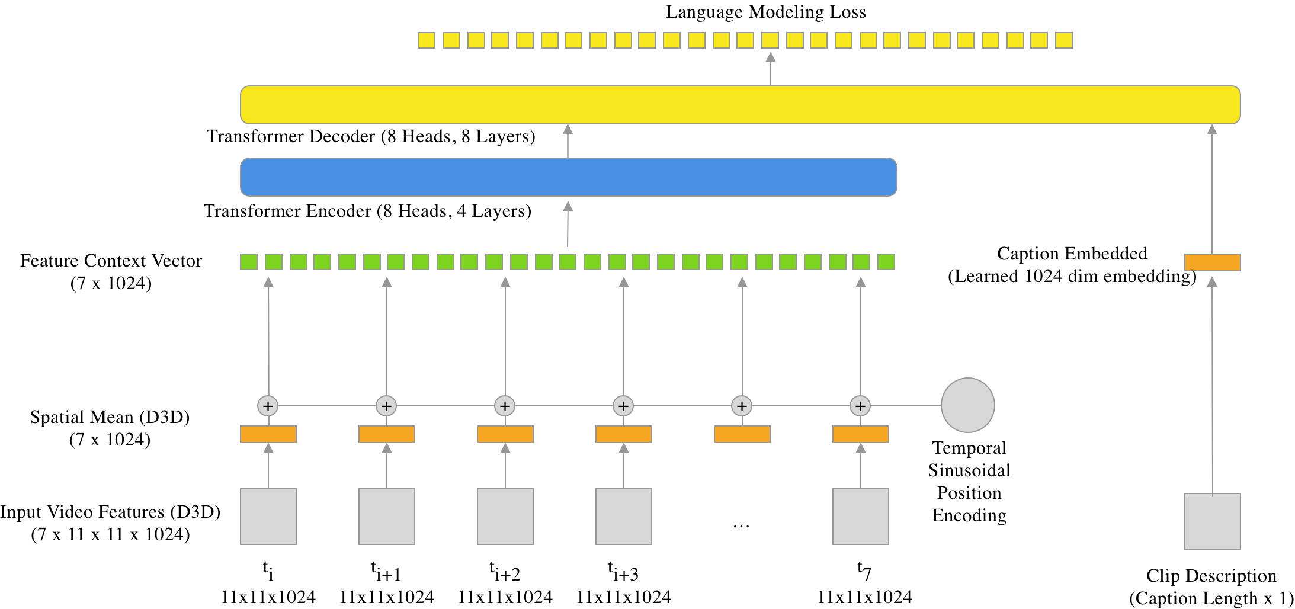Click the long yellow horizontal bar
click(x=740, y=105)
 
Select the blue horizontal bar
click(x=568, y=177)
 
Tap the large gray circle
click(x=967, y=405)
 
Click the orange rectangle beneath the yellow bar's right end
click(x=1212, y=262)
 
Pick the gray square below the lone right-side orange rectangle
click(x=1212, y=521)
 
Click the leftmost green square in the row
click(x=249, y=262)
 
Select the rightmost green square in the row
click(x=886, y=262)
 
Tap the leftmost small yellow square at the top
click(x=427, y=40)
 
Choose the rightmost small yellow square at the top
click(x=1064, y=40)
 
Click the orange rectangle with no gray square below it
click(x=742, y=434)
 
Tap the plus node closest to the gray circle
click(x=860, y=406)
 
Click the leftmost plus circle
click(x=268, y=406)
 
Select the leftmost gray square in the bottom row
click(x=268, y=517)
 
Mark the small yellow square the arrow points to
click(x=770, y=40)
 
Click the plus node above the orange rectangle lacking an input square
click(x=742, y=406)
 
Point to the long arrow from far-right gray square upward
click(x=1212, y=385)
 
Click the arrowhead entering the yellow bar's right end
click(x=1212, y=129)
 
